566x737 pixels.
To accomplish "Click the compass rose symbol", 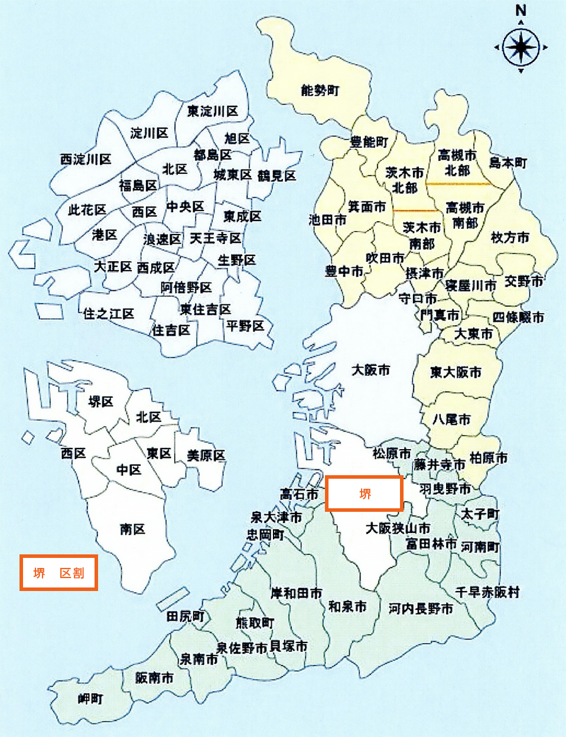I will [x=521, y=47].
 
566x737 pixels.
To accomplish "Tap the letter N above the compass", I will [x=521, y=11].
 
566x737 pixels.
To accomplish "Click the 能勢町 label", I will [x=320, y=90].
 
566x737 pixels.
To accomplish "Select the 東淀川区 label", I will [x=213, y=111].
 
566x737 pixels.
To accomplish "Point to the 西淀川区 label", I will [x=86, y=159].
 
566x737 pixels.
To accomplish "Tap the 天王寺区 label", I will [x=216, y=238].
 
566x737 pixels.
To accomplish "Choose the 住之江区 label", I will [x=109, y=313].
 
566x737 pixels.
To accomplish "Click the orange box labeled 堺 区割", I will [x=58, y=573].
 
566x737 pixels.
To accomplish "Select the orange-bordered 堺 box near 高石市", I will [x=365, y=494].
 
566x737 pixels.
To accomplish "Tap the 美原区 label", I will [x=206, y=456].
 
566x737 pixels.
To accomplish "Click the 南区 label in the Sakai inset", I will [x=132, y=529].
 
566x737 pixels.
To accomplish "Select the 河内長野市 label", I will [x=421, y=608].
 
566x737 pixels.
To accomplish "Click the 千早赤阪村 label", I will [x=487, y=592].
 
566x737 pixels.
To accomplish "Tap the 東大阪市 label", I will [x=456, y=372].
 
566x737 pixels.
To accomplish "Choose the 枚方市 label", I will [x=510, y=238].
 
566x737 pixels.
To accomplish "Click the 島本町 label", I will [x=508, y=163].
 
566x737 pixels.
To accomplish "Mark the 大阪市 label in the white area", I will [x=370, y=371].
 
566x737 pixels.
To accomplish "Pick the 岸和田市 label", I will [x=297, y=593].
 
